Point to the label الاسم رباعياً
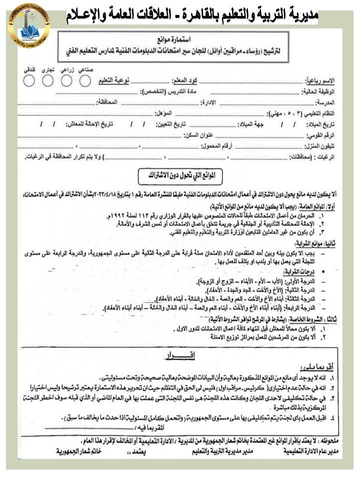(320, 81)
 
